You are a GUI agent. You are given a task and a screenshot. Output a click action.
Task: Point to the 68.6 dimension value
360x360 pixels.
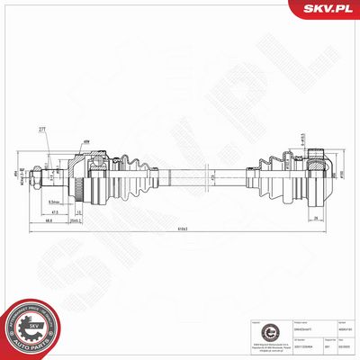coord(48,221)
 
